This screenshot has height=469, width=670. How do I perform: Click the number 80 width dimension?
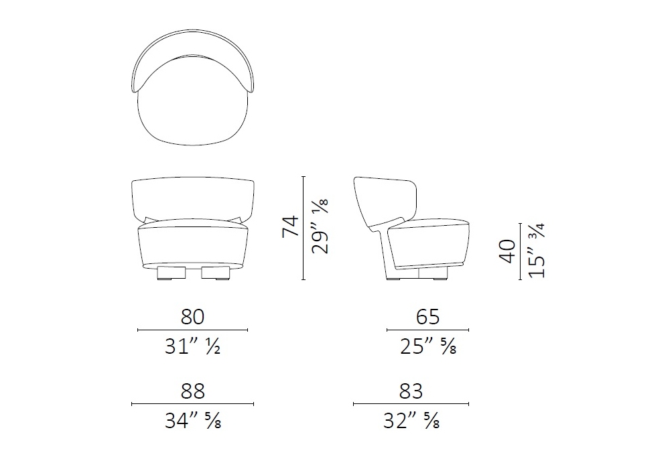coord(192,317)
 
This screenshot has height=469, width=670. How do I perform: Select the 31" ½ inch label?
coord(193,347)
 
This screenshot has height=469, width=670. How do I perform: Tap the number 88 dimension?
coord(193,391)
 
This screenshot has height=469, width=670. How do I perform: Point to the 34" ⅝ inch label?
coord(193,421)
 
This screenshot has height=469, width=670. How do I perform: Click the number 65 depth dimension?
coord(427,317)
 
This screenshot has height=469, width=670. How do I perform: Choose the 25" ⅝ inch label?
coord(428,347)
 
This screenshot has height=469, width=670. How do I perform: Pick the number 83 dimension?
coord(411,391)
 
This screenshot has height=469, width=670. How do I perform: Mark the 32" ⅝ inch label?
coord(411,421)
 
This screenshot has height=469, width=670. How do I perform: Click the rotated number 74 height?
coord(291,226)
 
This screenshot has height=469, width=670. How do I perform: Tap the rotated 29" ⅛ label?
coord(320,226)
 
